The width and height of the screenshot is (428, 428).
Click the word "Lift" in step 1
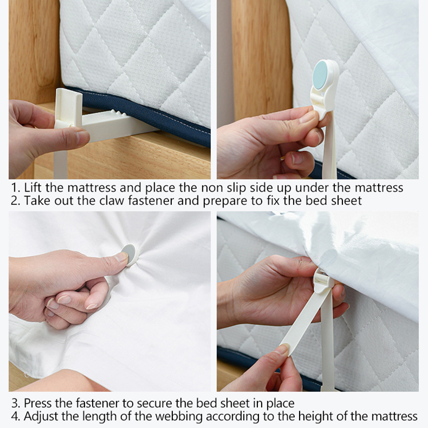(33, 188)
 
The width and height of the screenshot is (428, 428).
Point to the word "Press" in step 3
(37, 403)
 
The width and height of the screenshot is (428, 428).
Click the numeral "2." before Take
(16, 201)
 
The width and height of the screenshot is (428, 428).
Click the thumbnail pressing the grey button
(121, 257)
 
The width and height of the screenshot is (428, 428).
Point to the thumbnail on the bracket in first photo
(82, 136)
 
